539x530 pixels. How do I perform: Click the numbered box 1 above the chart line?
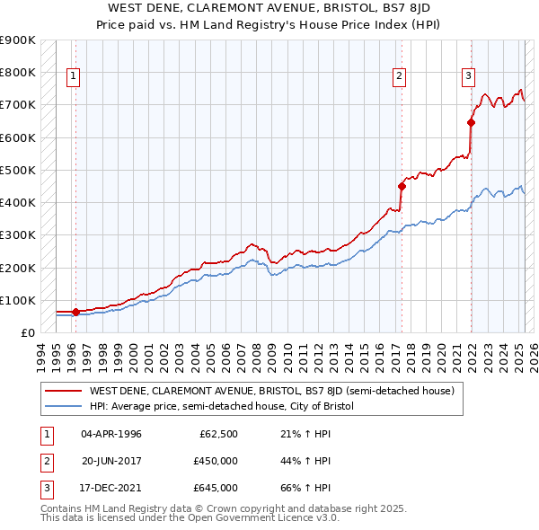[x=72, y=76]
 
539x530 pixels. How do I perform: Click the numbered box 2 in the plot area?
[x=398, y=76]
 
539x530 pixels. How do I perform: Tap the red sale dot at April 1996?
[x=75, y=312]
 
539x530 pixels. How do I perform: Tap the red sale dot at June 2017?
[x=402, y=186]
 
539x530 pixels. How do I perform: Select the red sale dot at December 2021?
[x=471, y=122]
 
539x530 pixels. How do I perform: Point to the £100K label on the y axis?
[x=18, y=300]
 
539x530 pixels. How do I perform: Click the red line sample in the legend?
[x=63, y=392]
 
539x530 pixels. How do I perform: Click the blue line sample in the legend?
[x=63, y=406]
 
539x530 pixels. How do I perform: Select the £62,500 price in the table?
[x=218, y=434]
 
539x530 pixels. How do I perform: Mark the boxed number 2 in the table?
[x=44, y=461]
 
